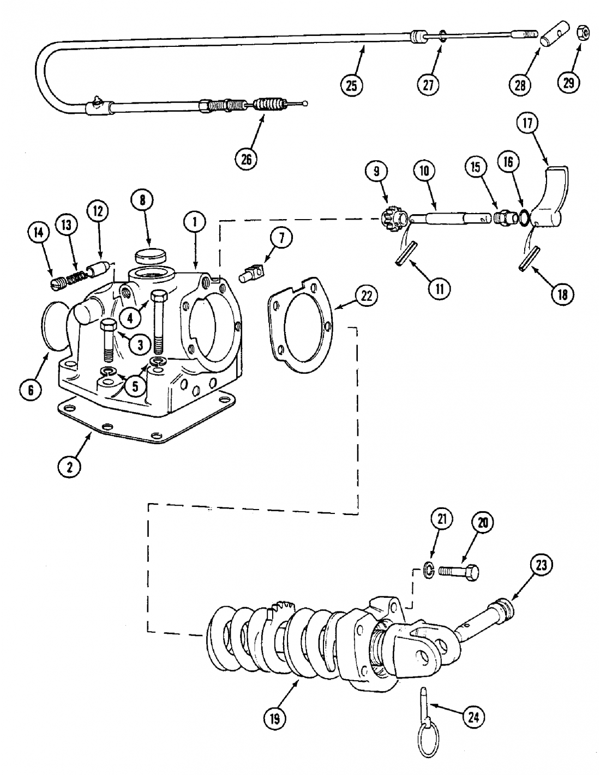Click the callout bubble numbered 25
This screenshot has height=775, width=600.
point(352,84)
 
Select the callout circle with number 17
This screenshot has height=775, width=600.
point(527,124)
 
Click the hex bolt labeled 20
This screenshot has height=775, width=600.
point(459,572)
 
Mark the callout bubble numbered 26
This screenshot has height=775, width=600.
point(247,159)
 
